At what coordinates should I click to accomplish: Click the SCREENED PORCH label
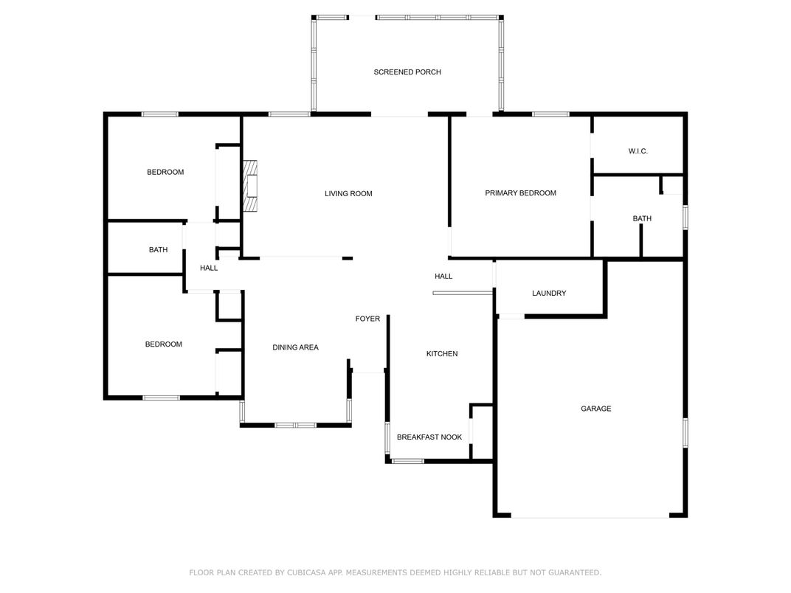(407, 72)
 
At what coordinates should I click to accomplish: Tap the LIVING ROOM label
(348, 194)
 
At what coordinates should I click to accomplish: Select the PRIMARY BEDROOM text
(520, 193)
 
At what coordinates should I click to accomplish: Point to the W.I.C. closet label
(638, 151)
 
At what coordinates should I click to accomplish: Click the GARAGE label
(595, 409)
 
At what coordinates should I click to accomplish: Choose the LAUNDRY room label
(549, 294)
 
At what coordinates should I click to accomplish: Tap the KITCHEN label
(442, 354)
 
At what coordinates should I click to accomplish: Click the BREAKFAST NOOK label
(429, 437)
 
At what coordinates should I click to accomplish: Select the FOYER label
(367, 319)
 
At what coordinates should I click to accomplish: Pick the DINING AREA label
(295, 347)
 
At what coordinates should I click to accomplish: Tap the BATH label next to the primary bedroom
(642, 219)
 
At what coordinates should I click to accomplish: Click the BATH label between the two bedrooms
(158, 250)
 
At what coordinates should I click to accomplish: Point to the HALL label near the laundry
(443, 277)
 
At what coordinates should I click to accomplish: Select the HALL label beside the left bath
(209, 268)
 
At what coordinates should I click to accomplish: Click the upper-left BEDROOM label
(165, 173)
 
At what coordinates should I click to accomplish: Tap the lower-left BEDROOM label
(163, 344)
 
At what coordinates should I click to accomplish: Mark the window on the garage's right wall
(685, 433)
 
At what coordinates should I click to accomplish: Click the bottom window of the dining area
(295, 425)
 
